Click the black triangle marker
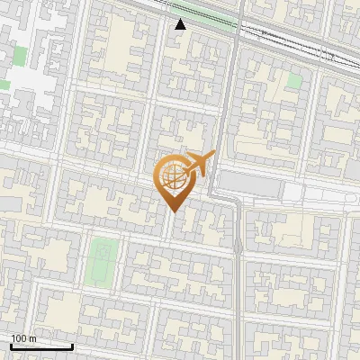pyautogui.click(x=180, y=24)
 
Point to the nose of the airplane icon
pyautogui.click(x=212, y=156)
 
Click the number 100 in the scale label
pyautogui.click(x=20, y=338)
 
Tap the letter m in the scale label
pyautogui.click(x=33, y=338)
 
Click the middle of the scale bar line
pyautogui.click(x=41, y=346)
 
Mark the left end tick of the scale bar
pyautogui.click(x=11, y=345)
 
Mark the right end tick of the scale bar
pyautogui.click(x=72, y=345)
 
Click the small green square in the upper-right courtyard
pyautogui.click(x=293, y=80)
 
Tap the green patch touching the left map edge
pyautogui.click(x=4, y=85)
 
